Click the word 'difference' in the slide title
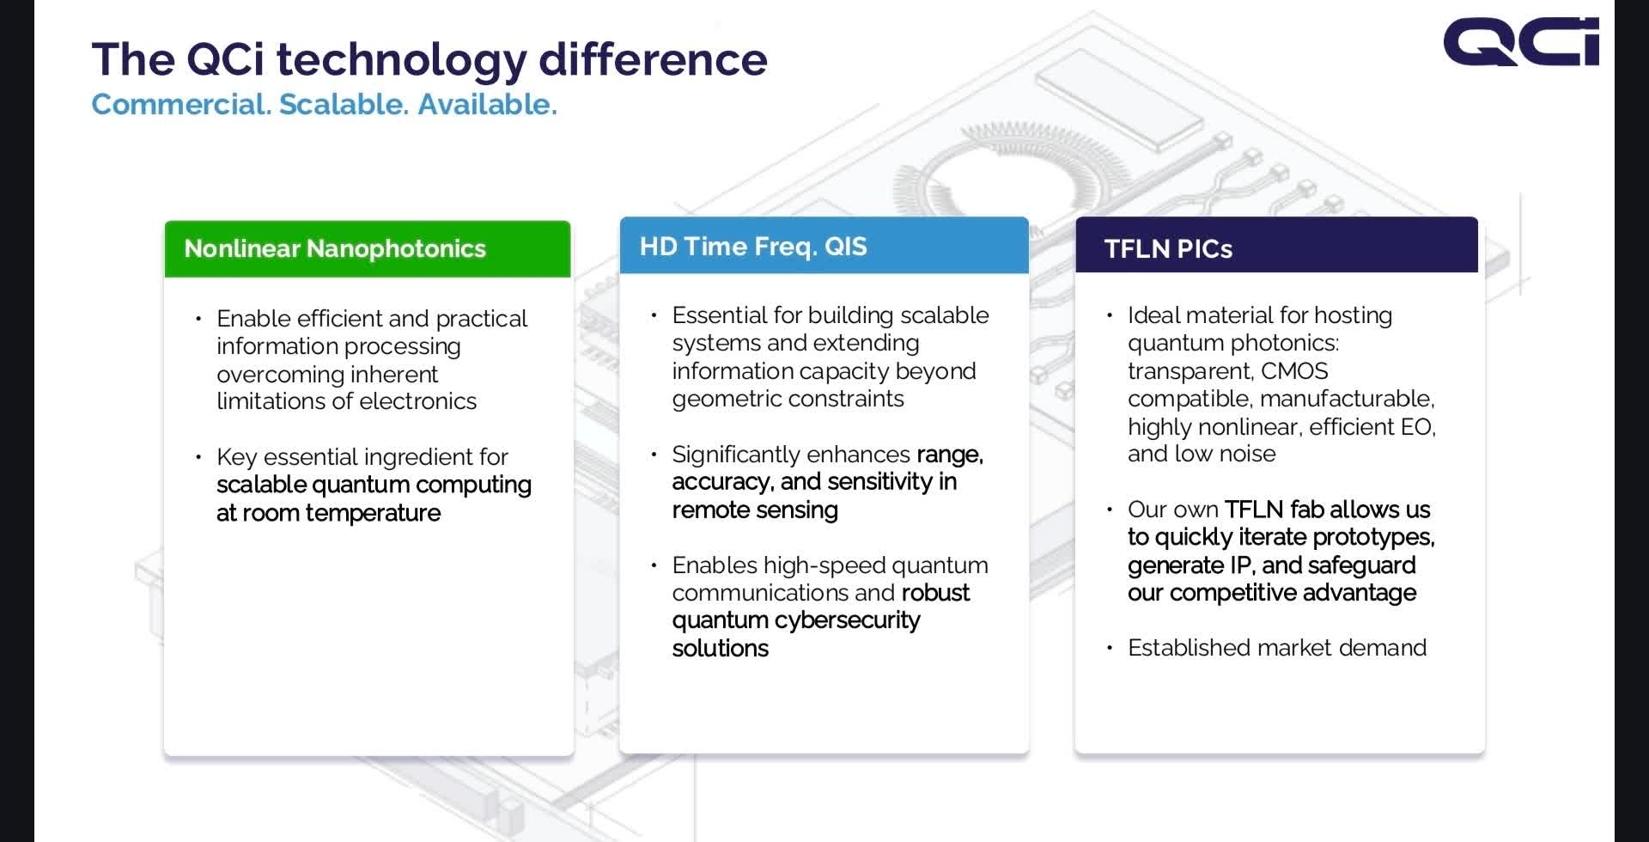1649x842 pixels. click(x=653, y=58)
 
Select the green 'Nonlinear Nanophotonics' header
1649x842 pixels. click(x=368, y=249)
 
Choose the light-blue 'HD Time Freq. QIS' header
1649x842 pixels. click(x=824, y=246)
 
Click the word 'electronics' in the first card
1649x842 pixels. click(x=417, y=401)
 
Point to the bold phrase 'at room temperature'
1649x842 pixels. click(x=328, y=513)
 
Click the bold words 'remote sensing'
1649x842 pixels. click(x=755, y=510)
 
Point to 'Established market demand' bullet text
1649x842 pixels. click(x=1277, y=648)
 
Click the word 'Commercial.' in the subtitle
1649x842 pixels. click(x=181, y=104)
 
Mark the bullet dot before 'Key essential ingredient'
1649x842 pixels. click(x=199, y=457)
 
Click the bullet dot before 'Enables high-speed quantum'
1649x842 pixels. click(x=654, y=565)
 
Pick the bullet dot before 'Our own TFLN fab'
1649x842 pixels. click(x=1110, y=509)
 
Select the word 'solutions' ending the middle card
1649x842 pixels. click(x=721, y=649)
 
